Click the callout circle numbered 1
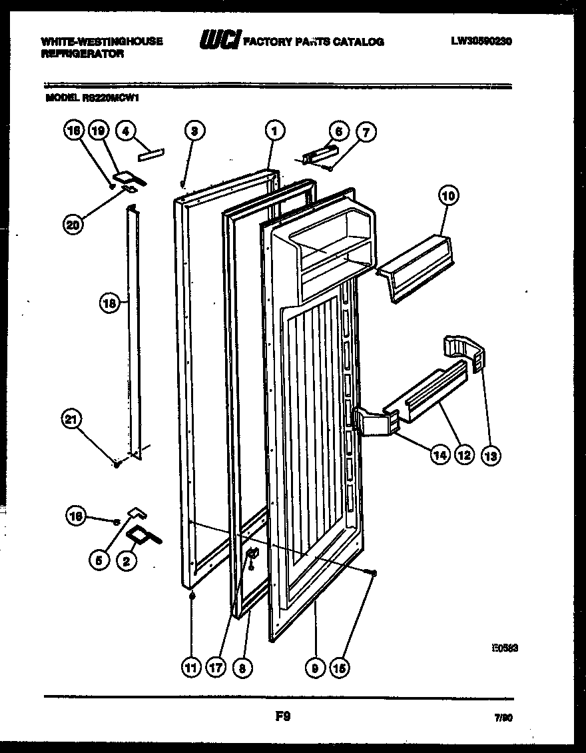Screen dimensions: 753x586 point(273,131)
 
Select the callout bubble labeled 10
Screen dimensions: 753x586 point(448,196)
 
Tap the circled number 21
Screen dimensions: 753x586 point(71,420)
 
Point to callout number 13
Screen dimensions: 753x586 point(491,456)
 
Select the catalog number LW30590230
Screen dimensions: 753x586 point(481,41)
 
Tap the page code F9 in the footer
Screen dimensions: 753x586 point(283,717)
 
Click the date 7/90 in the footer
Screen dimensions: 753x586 point(502,719)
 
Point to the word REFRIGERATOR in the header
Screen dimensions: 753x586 point(83,54)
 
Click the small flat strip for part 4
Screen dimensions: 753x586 point(150,154)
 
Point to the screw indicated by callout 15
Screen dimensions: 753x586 point(372,573)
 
